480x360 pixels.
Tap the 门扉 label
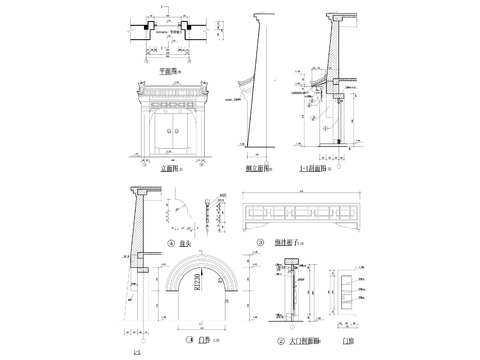point(347,340)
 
